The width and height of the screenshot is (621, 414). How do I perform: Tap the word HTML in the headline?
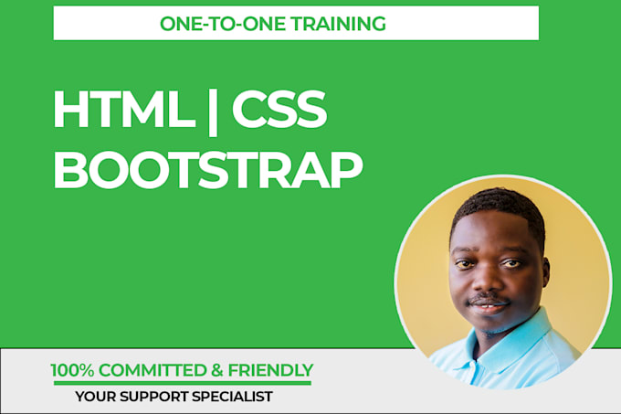pos(117,111)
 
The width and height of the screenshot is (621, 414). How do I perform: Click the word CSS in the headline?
pos(278,111)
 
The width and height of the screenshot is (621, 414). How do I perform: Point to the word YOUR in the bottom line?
pos(94,397)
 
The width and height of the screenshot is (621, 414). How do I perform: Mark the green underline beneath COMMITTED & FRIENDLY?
pos(181,382)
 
